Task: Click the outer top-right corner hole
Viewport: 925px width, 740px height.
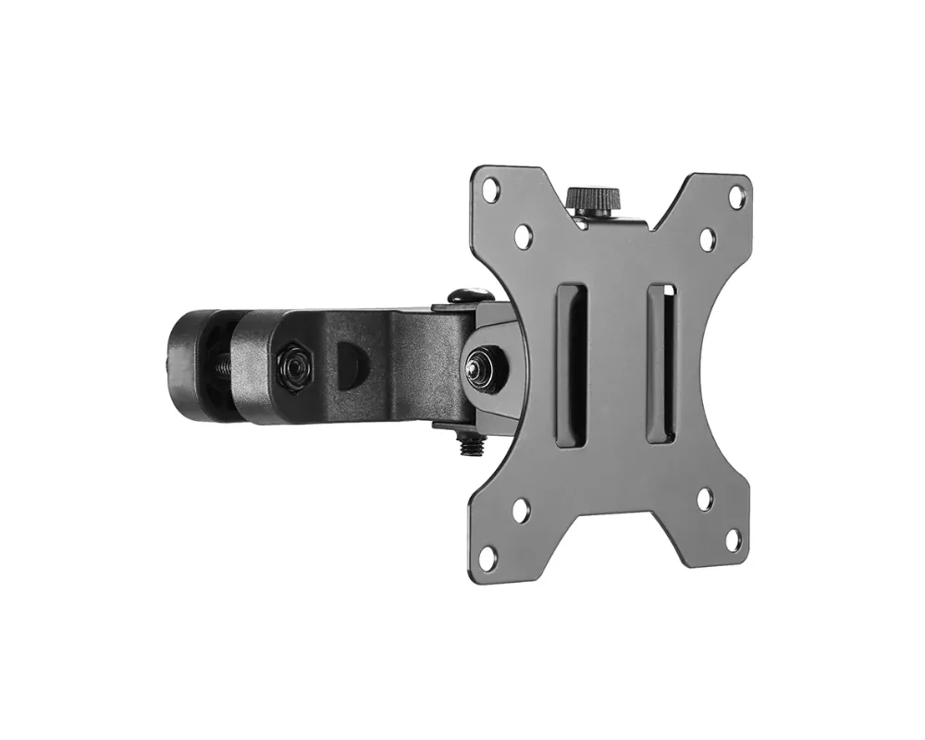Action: click(736, 196)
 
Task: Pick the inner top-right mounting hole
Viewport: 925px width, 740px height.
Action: click(708, 240)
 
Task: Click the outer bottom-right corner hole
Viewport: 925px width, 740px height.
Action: click(734, 539)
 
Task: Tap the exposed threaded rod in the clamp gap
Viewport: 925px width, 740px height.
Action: click(225, 364)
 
